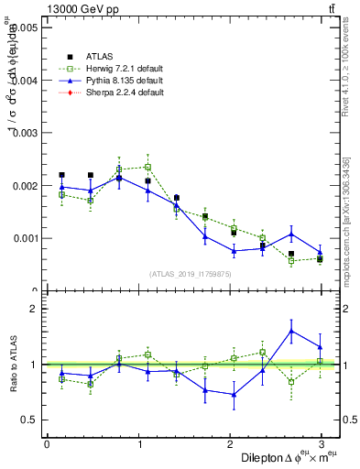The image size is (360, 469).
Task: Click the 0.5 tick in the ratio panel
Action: (x=29, y=420)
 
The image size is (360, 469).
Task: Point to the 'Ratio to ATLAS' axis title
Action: (x=13, y=365)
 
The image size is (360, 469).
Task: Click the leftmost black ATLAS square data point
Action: (x=61, y=174)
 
